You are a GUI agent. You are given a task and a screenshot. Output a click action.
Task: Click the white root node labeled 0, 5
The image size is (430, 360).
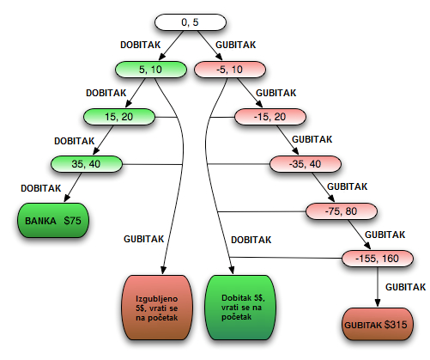pos(191,22)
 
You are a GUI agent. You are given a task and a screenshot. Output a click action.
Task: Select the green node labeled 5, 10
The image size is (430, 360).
pos(151,70)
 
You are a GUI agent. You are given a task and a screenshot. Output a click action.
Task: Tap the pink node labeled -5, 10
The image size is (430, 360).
pos(230,70)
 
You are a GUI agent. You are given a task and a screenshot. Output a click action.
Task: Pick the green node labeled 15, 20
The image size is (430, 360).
pos(119,117)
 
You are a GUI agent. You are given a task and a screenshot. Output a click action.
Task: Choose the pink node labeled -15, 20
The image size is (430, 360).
pos(270,117)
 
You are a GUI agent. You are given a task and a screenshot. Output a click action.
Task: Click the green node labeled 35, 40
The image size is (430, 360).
pos(87,164)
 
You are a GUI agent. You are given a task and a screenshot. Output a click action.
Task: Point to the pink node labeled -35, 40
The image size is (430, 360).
pos(306,164)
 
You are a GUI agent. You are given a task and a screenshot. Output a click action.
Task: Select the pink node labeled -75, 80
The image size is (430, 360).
pos(342,211)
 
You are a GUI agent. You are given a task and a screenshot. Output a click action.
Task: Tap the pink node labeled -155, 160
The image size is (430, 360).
pos(378,259)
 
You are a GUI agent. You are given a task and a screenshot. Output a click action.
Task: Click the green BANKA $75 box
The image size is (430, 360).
pos(53,221)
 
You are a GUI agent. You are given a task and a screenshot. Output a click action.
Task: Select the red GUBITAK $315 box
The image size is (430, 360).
pos(378,325)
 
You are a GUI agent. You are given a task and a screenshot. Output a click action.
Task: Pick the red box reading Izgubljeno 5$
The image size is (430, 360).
pos(157,308)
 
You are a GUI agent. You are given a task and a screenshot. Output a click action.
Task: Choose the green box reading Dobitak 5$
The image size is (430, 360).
pos(240,308)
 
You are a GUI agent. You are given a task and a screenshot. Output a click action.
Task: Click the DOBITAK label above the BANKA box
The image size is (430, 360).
pos(41,188)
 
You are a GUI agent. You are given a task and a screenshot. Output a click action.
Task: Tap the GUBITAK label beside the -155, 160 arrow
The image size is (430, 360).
pos(405,287)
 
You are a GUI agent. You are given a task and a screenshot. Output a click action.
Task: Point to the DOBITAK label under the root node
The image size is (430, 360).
pos(141,45)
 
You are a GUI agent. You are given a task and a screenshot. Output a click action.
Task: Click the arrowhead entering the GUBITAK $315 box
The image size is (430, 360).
pos(378,303)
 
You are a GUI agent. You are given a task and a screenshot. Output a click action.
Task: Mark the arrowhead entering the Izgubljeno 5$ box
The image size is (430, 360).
pos(163,270)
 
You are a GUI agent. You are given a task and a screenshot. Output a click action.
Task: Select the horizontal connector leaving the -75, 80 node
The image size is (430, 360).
pos(262,211)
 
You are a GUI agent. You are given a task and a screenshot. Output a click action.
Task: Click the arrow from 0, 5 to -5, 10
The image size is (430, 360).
pos(209,46)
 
